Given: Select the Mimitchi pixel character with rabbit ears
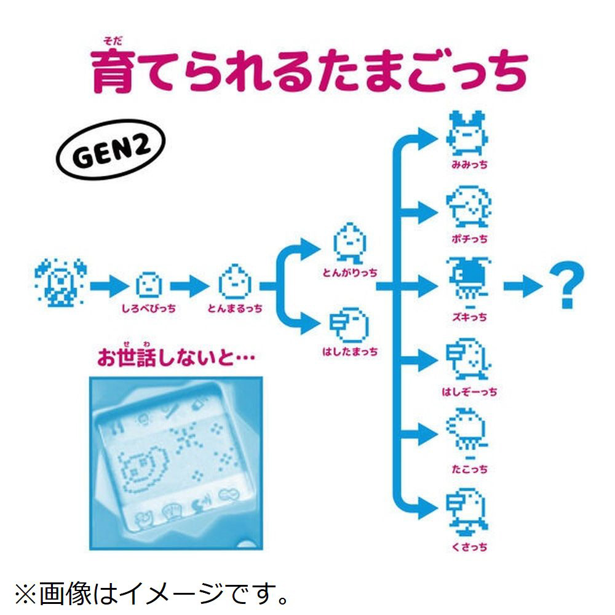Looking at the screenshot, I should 467,134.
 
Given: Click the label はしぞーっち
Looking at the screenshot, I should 469,392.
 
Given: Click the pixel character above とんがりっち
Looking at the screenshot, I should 349,242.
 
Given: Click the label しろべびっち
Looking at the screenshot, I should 149,308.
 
